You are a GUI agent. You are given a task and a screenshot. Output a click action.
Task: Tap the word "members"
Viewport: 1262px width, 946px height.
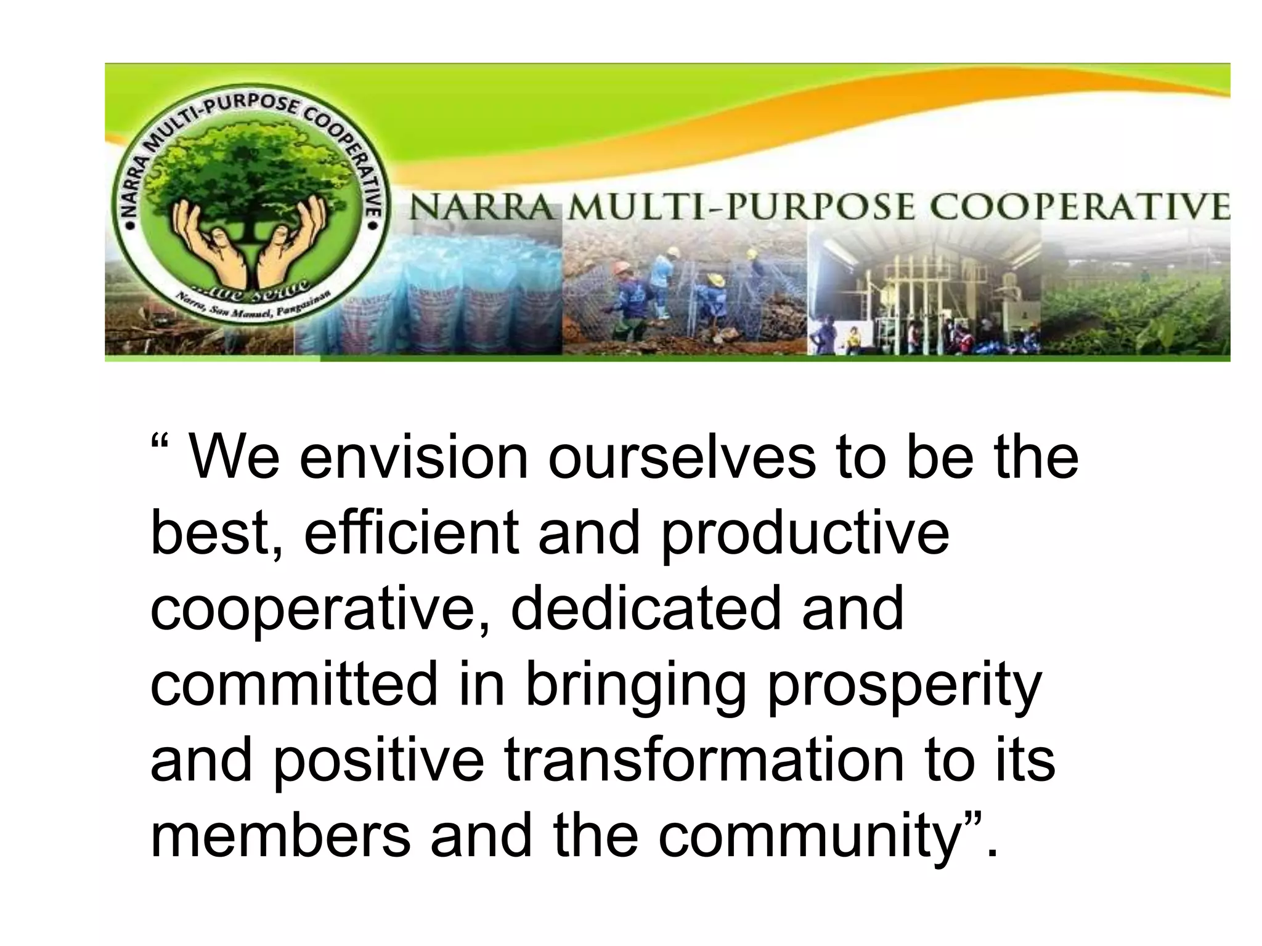point(280,835)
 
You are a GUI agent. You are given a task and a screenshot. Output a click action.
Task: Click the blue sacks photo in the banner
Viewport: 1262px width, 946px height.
point(444,289)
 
